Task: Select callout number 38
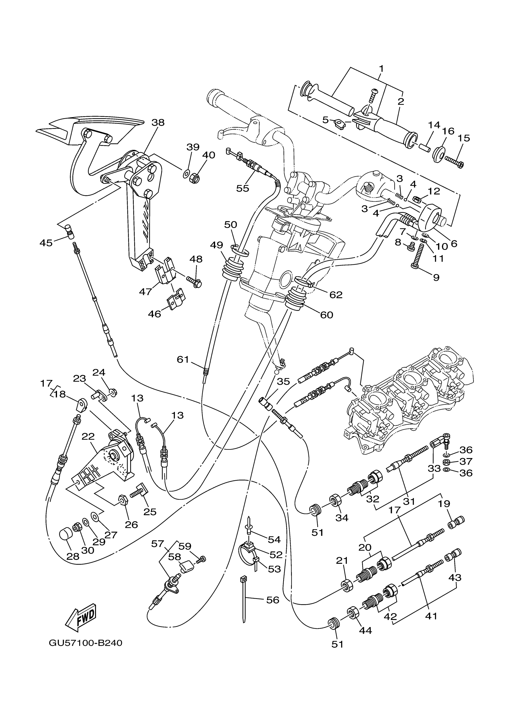click(x=158, y=123)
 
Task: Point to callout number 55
click(x=242, y=188)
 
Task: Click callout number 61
click(x=183, y=359)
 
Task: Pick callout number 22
click(x=88, y=436)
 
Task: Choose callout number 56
click(x=272, y=600)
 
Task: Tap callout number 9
click(x=436, y=277)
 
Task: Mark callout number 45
click(x=46, y=243)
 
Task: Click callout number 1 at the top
click(x=381, y=68)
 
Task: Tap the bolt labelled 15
click(x=454, y=161)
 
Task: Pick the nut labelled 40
click(x=195, y=178)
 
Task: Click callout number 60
click(x=326, y=315)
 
